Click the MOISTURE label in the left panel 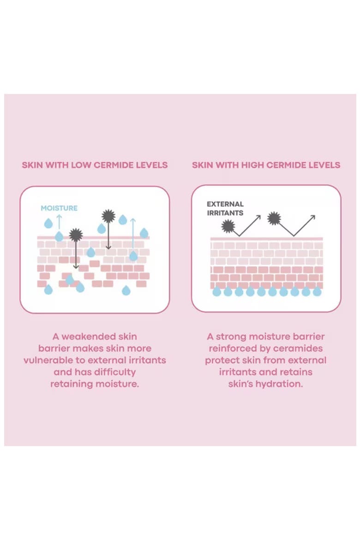[59, 208]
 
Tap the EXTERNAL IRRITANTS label [225, 208]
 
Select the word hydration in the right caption [279, 384]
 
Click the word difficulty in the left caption [115, 372]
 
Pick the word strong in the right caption [231, 336]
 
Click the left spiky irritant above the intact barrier [228, 226]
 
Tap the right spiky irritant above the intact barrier [274, 218]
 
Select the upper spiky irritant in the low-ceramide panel [108, 216]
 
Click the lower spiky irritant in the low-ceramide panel [76, 235]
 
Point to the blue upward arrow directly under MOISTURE [59, 222]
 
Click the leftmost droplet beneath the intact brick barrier [216, 291]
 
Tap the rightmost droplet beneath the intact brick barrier [317, 291]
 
